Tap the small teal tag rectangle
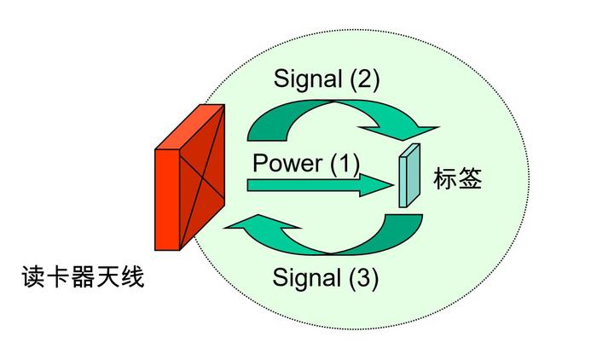tap(409, 177)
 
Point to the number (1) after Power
tap(345, 162)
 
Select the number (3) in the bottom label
tap(362, 278)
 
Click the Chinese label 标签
tap(458, 179)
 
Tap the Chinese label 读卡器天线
tap(83, 276)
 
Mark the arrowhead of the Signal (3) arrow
tap(245, 225)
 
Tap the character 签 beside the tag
tap(471, 179)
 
